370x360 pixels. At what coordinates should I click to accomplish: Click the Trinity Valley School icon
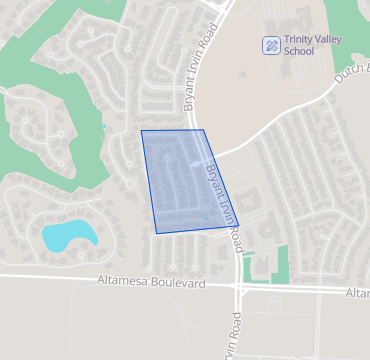[270, 44]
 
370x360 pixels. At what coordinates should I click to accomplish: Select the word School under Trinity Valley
[298, 51]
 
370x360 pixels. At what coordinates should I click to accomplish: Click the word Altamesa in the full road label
[123, 283]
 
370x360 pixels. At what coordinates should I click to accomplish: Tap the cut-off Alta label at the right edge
[357, 292]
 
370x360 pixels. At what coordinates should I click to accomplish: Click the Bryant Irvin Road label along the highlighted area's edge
[222, 195]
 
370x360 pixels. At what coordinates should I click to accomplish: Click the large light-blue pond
[68, 235]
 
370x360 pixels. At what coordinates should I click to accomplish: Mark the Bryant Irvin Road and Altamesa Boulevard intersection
[239, 286]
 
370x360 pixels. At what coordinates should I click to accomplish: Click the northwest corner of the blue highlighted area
[141, 131]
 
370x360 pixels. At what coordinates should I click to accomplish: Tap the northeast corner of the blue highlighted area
[204, 130]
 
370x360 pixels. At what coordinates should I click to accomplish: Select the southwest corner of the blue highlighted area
[156, 233]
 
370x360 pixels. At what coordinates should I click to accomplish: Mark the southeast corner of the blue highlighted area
[237, 226]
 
